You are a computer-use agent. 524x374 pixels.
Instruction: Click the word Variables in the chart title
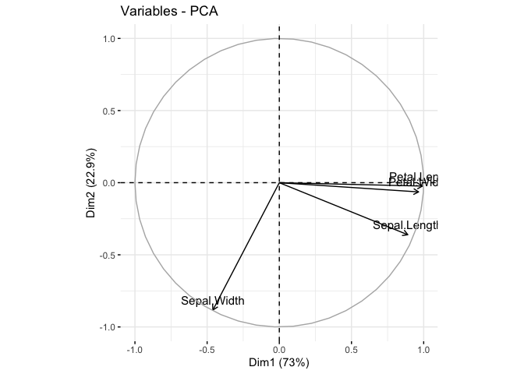(x=146, y=12)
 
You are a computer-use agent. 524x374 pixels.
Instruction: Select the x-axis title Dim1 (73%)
(x=279, y=362)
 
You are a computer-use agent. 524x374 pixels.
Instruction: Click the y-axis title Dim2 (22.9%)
(x=91, y=183)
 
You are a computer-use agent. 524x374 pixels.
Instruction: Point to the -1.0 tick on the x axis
(x=135, y=349)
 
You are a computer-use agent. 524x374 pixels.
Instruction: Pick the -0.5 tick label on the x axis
(x=207, y=349)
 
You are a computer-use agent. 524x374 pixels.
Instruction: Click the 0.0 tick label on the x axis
(x=279, y=349)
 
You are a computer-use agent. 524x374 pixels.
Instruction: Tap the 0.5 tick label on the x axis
(x=351, y=349)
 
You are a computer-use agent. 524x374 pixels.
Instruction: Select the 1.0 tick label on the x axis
(x=423, y=349)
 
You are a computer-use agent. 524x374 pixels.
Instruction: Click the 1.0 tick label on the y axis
(x=109, y=39)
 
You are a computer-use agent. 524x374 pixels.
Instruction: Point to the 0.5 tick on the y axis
(x=109, y=111)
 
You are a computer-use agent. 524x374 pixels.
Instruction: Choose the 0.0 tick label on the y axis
(x=109, y=183)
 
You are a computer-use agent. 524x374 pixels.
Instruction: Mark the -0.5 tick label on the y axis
(x=108, y=255)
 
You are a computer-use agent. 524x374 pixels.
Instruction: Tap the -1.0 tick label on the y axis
(x=108, y=327)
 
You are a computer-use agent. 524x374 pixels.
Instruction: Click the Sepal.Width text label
(x=213, y=301)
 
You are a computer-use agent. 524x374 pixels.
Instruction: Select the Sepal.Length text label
(x=405, y=225)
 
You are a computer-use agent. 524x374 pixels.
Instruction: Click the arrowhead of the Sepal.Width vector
(x=214, y=310)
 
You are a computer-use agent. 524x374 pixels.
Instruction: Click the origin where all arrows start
(x=279, y=183)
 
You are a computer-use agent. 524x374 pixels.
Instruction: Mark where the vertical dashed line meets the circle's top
(x=279, y=39)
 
